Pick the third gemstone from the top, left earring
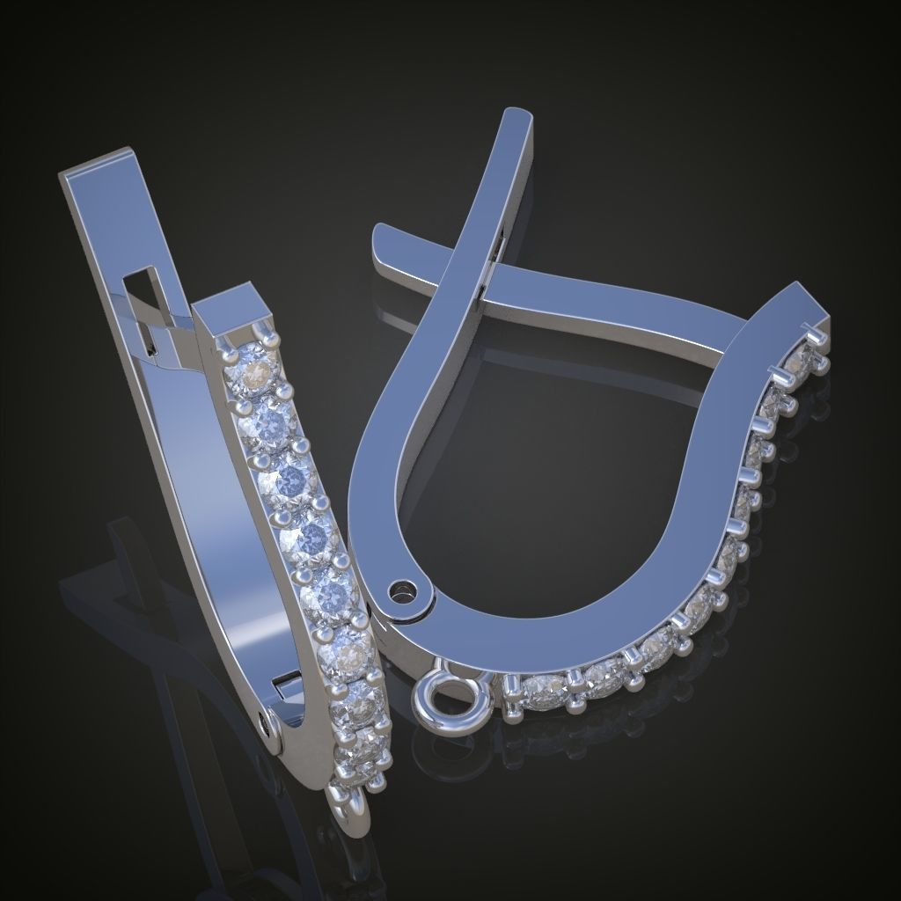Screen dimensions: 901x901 290,480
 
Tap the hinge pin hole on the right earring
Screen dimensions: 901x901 404,587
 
